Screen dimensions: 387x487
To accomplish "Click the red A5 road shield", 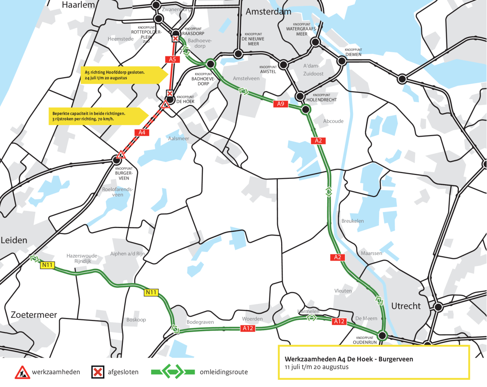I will tap(172, 59).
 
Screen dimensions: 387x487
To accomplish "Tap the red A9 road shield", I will tap(280, 104).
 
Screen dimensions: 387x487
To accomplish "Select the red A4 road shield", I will tap(142, 133).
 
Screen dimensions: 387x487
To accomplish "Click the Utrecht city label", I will tap(406, 306).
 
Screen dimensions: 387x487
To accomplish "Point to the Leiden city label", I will tap(14, 240).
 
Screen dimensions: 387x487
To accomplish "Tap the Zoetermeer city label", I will tap(34, 315).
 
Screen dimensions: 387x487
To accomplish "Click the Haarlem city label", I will tap(78, 5).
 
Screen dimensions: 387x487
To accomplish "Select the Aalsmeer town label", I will tap(178, 139).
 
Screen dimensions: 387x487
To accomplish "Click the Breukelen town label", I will tap(352, 221).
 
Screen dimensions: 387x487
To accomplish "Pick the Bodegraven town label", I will tap(200, 322).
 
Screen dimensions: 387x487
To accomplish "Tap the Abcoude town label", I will tap(333, 121).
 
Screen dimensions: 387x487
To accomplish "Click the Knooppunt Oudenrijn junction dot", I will tap(382, 336).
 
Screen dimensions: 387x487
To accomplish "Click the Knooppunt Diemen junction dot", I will tap(342, 61).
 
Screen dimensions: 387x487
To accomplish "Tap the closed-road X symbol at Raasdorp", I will tap(175, 39).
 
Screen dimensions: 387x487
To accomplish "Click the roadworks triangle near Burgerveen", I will tap(121, 154).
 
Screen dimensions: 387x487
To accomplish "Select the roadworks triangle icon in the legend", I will tap(22, 372).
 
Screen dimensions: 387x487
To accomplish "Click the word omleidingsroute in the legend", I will tap(224, 372).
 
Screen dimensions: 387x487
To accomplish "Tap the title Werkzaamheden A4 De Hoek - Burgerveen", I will tap(349, 359).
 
